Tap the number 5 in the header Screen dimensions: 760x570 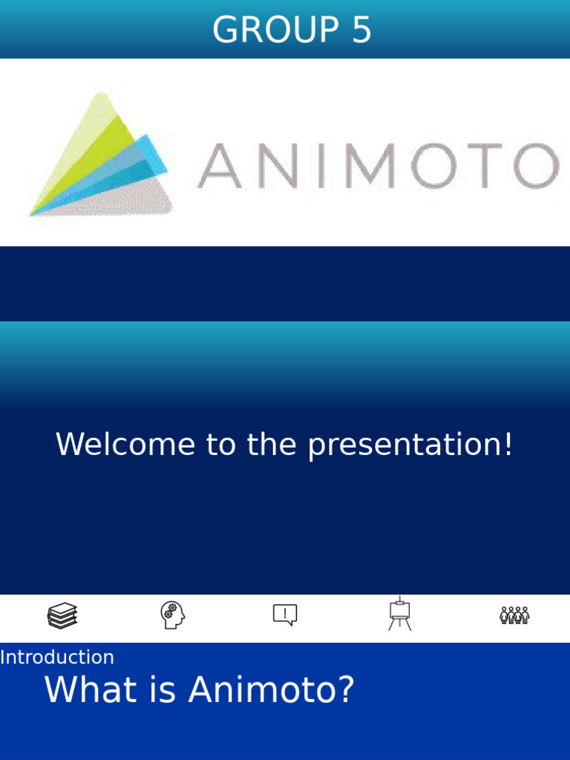(x=361, y=30)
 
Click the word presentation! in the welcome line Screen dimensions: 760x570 (x=410, y=445)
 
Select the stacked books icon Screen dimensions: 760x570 (x=62, y=615)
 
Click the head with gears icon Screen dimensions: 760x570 (x=172, y=615)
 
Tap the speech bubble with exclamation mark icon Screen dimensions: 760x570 (x=285, y=615)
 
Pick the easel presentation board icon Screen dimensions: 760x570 (x=399, y=614)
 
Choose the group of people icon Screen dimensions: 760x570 (x=514, y=615)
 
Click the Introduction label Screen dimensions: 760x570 (x=57, y=658)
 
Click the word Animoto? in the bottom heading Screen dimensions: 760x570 (x=271, y=690)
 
